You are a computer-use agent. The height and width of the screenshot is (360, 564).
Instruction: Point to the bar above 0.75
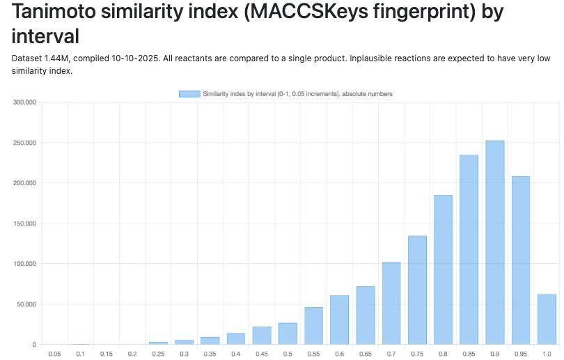(x=417, y=290)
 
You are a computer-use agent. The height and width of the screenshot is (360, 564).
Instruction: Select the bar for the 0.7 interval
(x=391, y=303)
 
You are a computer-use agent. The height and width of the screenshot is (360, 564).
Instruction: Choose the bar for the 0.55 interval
(x=313, y=325)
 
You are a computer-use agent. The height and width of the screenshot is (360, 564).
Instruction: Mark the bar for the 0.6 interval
(x=339, y=320)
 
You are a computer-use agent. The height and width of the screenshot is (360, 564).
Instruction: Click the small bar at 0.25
(x=158, y=343)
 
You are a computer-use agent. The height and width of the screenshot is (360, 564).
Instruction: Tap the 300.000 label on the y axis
(x=24, y=102)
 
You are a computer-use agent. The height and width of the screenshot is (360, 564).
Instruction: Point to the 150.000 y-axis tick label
(x=24, y=224)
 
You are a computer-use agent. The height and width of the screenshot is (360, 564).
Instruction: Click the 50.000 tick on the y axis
(x=26, y=304)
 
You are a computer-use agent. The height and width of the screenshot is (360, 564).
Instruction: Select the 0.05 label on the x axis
(x=54, y=354)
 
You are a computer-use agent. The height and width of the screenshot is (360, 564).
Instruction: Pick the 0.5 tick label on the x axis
(x=288, y=354)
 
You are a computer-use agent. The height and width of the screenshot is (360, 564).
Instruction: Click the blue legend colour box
(x=189, y=93)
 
